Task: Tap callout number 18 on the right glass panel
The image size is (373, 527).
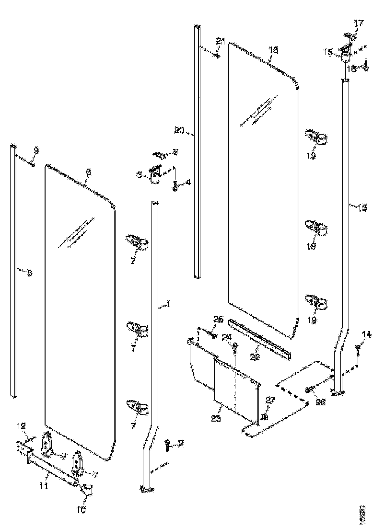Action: pyautogui.click(x=273, y=50)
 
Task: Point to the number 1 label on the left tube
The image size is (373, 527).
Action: pyautogui.click(x=168, y=304)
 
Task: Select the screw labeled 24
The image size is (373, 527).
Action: pyautogui.click(x=235, y=349)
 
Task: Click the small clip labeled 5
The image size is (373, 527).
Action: pyautogui.click(x=161, y=155)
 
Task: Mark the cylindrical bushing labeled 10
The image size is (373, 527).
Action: pyautogui.click(x=88, y=490)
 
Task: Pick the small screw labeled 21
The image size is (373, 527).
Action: pyautogui.click(x=217, y=55)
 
